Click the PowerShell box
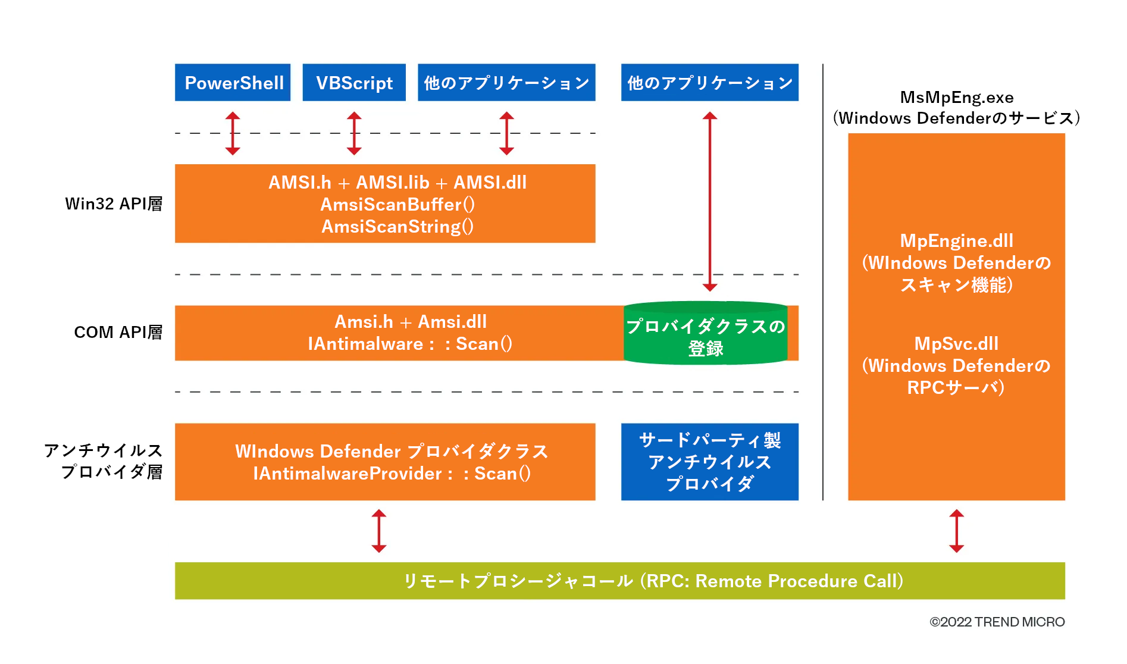pyautogui.click(x=233, y=83)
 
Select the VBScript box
pyautogui.click(x=354, y=83)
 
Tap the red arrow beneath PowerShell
pyautogui.click(x=233, y=133)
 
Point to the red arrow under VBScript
pyautogui.click(x=354, y=133)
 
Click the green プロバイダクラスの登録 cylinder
pyautogui.click(x=706, y=334)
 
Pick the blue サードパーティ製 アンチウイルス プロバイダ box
pyautogui.click(x=709, y=462)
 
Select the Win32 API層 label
pyautogui.click(x=114, y=204)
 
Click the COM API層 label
pyautogui.click(x=118, y=332)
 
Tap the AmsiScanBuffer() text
pyautogui.click(x=397, y=205)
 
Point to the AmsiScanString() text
pyautogui.click(x=397, y=227)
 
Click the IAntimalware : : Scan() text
pyautogui.click(x=409, y=344)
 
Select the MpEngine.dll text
pyautogui.click(x=956, y=241)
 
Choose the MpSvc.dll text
pyautogui.click(x=956, y=344)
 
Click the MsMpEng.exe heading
pyautogui.click(x=956, y=98)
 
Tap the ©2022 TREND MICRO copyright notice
pyautogui.click(x=997, y=622)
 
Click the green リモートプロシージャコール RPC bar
pyautogui.click(x=619, y=581)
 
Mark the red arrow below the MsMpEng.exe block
pyautogui.click(x=956, y=531)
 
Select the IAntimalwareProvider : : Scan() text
pyautogui.click(x=392, y=474)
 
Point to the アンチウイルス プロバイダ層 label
pyautogui.click(x=104, y=461)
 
